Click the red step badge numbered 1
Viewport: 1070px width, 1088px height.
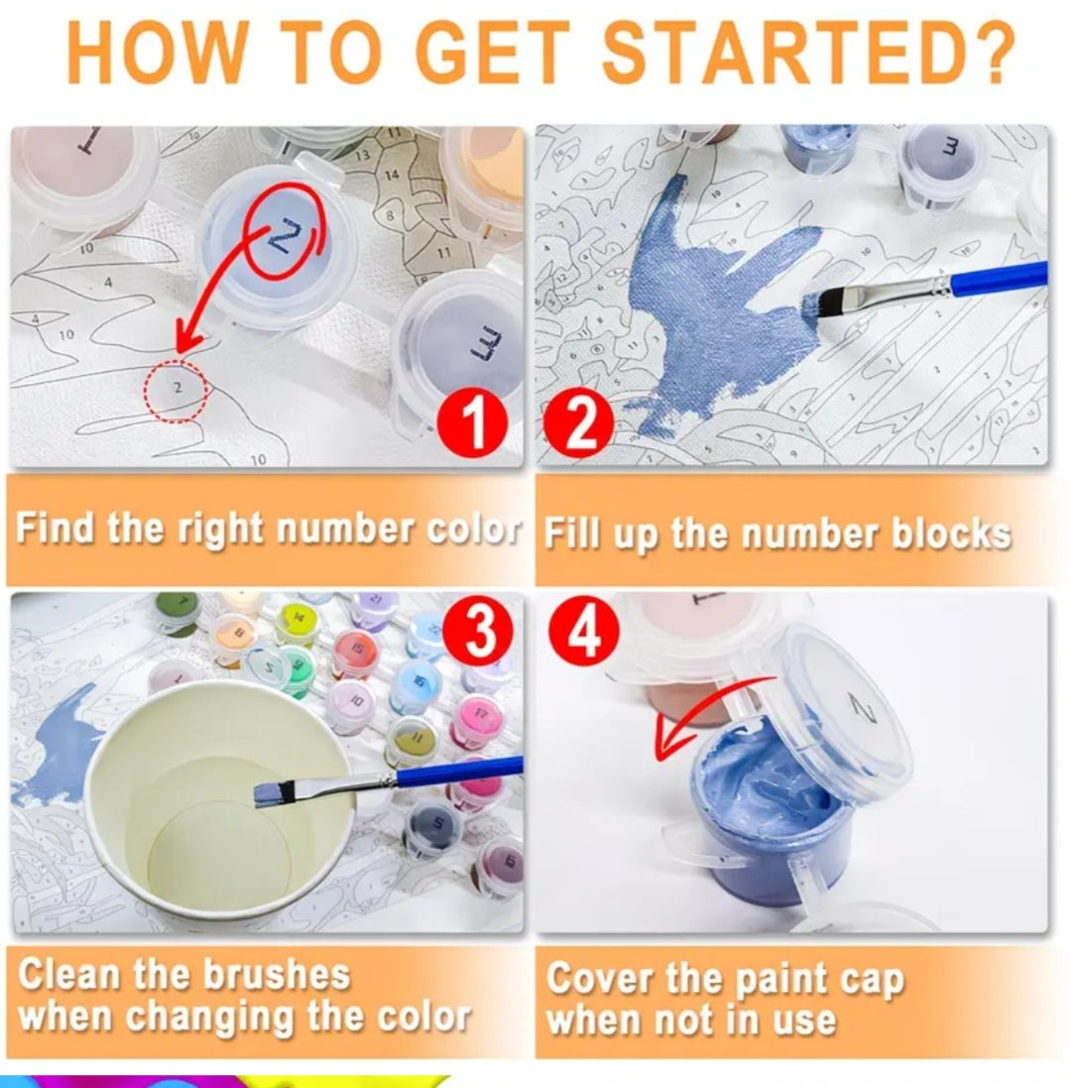pyautogui.click(x=473, y=423)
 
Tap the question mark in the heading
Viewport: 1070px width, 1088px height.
pyautogui.click(x=992, y=53)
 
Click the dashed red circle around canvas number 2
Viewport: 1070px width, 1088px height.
pyautogui.click(x=177, y=390)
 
